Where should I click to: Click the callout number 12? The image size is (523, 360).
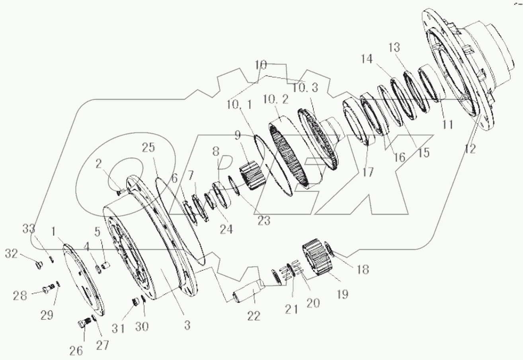coord(470,149)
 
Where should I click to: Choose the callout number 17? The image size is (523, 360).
coord(368,172)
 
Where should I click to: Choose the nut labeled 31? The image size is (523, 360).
coord(135,302)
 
